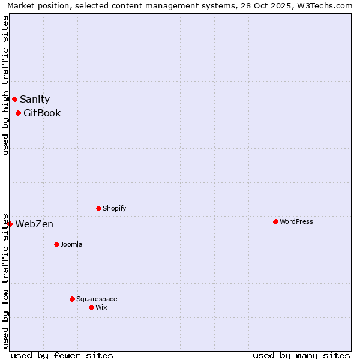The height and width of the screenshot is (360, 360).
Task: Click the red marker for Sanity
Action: coord(14,99)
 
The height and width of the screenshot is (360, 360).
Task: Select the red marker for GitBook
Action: coord(18,113)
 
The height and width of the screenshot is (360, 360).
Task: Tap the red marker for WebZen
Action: coord(10,224)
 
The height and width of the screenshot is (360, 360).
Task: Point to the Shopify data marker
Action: coord(98,208)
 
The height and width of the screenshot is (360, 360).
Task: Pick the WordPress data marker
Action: coord(275,221)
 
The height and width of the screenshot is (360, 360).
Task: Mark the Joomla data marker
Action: coord(56,244)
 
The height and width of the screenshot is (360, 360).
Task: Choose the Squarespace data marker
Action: coord(72,299)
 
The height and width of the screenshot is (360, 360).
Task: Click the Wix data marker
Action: coord(91,307)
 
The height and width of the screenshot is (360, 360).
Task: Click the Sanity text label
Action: coord(35,100)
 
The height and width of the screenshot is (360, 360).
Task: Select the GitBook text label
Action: coord(42,113)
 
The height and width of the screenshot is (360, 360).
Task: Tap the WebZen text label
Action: coord(34,224)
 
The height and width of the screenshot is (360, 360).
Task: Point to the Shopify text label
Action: coord(114,209)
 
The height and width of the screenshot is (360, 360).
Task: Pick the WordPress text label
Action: coord(296,222)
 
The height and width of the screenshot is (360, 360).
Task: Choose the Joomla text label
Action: coord(71,245)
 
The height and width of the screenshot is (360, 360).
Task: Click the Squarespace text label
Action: coord(97,299)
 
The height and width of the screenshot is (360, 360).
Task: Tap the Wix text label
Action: coord(101,308)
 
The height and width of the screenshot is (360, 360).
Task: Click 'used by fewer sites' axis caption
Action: coord(62,355)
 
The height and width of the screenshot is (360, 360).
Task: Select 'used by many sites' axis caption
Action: coord(301,355)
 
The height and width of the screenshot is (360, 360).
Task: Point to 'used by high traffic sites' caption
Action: coord(6,85)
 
